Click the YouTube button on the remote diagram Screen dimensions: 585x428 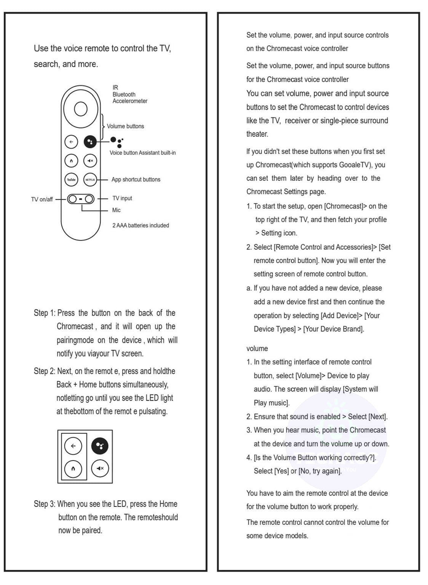[71, 179]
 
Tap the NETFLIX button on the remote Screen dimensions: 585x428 [90, 179]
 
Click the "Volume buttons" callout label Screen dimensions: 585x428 [125, 126]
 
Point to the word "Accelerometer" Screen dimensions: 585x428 [130, 101]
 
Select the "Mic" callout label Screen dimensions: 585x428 [116, 210]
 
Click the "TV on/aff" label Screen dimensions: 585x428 [42, 199]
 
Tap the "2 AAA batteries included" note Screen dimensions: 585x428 [141, 225]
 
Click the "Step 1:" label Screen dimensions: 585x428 [44, 313]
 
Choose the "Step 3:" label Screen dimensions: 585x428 [44, 504]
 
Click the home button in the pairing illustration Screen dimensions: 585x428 [73, 468]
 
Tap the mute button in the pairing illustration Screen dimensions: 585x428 [100, 468]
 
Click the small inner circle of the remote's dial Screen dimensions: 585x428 [81, 109]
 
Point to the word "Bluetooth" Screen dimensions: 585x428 [124, 94]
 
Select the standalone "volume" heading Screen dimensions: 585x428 [257, 348]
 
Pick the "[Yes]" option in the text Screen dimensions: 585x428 [281, 471]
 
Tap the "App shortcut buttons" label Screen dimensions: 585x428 [136, 179]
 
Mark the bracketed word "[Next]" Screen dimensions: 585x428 [377, 417]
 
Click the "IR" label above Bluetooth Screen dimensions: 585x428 [115, 88]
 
